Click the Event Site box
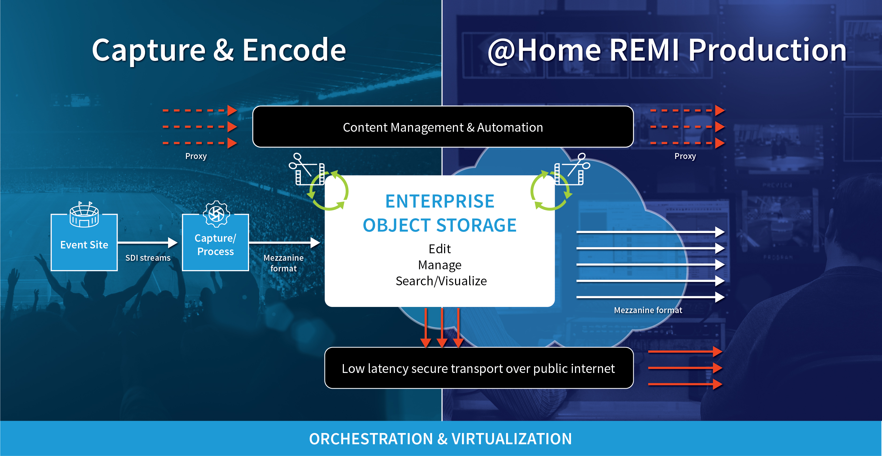coord(84,242)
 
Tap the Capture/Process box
coord(215,242)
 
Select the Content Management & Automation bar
coord(443,127)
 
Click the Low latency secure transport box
coord(479,368)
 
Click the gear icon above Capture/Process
coord(216,214)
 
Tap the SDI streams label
coord(148,258)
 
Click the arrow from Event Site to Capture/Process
coord(147,243)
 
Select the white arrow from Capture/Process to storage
coord(285,243)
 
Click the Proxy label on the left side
coord(196,156)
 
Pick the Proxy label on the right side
coord(685,156)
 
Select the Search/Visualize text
coord(441,281)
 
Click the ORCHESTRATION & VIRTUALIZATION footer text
coord(440,439)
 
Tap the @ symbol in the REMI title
coord(501,51)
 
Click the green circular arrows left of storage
coord(328,190)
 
